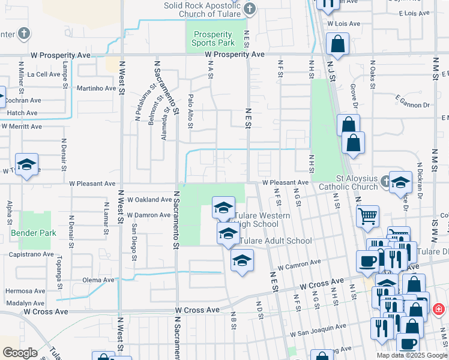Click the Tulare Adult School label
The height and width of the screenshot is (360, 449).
276,241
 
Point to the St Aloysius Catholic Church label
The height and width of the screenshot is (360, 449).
357,182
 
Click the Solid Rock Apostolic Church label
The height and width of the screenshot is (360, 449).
202,9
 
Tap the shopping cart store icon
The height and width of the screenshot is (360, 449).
368,215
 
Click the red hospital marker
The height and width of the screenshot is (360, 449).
439,310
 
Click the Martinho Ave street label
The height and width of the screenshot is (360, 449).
96,88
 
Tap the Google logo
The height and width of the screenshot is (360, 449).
19,353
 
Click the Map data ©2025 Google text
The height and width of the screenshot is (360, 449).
412,355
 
